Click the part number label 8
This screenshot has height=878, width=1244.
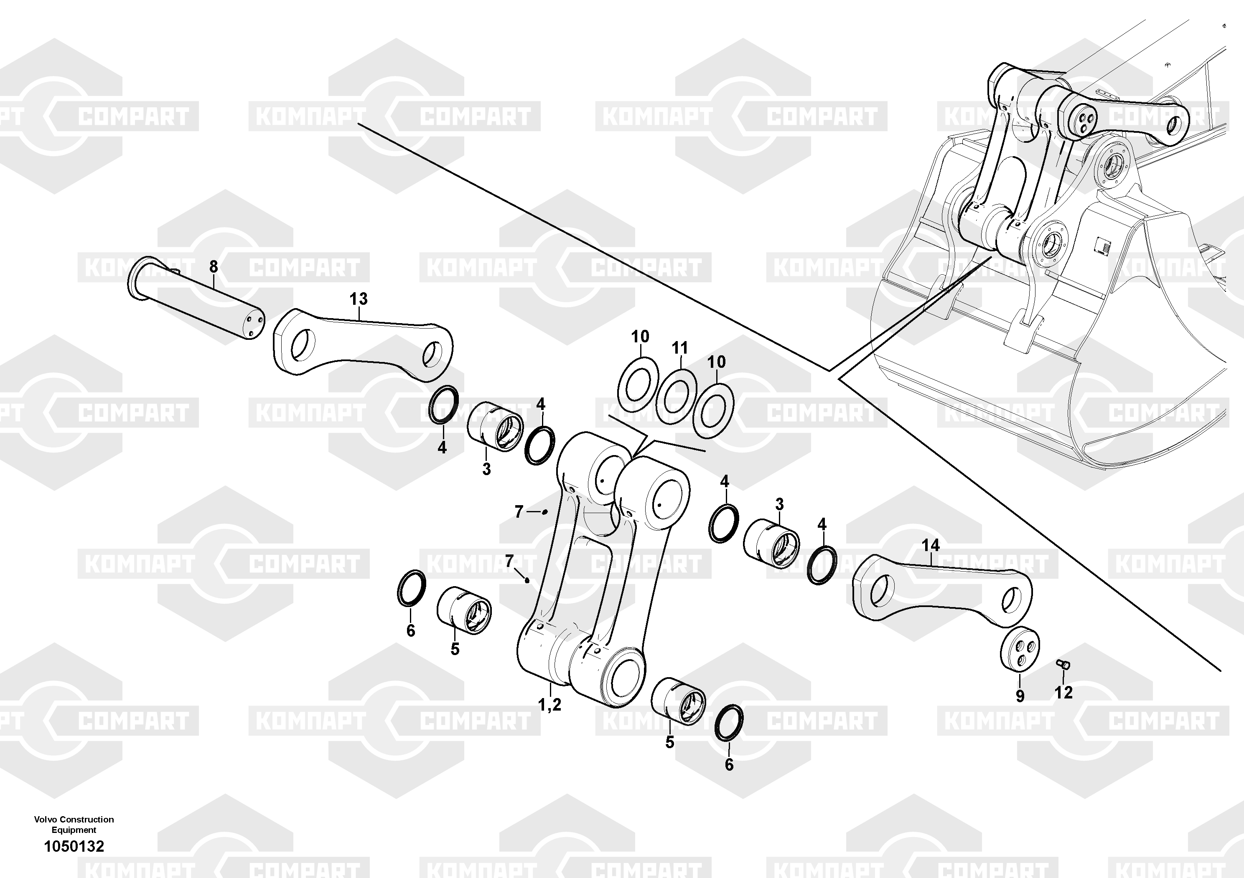pyautogui.click(x=214, y=266)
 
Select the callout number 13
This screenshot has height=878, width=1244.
pyautogui.click(x=358, y=299)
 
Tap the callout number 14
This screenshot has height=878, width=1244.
pyautogui.click(x=931, y=545)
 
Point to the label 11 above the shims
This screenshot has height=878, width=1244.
pyautogui.click(x=680, y=348)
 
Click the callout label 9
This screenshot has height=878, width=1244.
pyautogui.click(x=1020, y=696)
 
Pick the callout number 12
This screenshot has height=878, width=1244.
pyautogui.click(x=1063, y=692)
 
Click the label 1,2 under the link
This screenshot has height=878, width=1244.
pyautogui.click(x=549, y=705)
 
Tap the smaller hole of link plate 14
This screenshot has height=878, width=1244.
pyautogui.click(x=1012, y=601)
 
